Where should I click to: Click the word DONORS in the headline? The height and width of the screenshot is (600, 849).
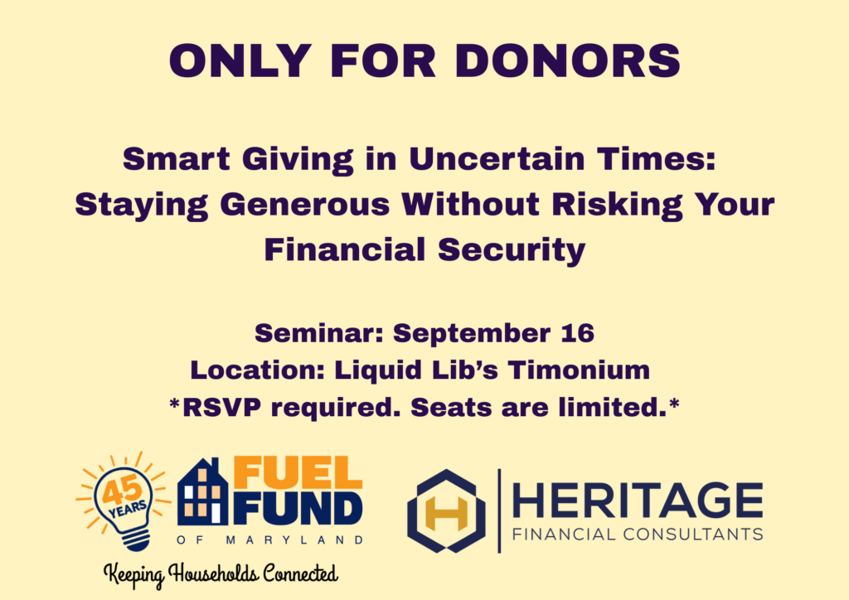[x=568, y=60]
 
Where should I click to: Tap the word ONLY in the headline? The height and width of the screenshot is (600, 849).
[x=240, y=60]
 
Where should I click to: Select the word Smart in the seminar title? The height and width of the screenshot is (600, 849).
[x=177, y=159]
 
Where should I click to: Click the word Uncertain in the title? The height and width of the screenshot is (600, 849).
[x=497, y=159]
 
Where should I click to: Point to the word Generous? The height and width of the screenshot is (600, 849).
[x=305, y=206]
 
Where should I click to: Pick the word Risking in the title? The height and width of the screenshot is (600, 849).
[x=617, y=206]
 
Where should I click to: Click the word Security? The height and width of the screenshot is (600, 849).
[x=511, y=251]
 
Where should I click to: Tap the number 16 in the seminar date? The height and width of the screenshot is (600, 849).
[x=578, y=332]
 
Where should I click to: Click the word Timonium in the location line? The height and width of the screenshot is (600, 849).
[x=579, y=370]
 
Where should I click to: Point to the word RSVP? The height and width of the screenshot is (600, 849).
[x=221, y=408]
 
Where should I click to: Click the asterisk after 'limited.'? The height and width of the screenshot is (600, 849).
[x=674, y=404]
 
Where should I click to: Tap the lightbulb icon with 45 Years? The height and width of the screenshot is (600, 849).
[x=124, y=501]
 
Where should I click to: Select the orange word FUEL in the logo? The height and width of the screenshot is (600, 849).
[x=298, y=473]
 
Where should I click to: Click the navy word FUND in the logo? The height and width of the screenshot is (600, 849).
[x=298, y=509]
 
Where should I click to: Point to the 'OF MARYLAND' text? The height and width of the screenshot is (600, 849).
[x=269, y=540]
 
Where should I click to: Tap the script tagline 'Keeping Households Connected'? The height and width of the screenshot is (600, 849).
[x=221, y=574]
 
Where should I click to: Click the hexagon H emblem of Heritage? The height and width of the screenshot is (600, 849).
[x=446, y=510]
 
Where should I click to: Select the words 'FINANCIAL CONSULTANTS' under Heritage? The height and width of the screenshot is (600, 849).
[x=638, y=535]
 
